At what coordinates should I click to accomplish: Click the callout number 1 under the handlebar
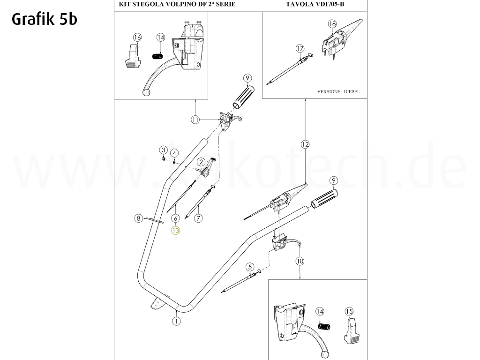click(176, 322)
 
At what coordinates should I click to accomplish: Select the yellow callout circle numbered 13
click(175, 230)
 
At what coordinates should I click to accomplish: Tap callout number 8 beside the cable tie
click(138, 218)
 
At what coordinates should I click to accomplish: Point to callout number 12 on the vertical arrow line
click(305, 144)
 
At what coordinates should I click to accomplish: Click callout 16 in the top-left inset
click(137, 37)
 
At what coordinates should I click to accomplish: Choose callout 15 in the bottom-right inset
click(349, 311)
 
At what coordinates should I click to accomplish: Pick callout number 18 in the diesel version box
click(332, 24)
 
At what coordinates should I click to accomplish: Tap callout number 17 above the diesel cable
click(300, 48)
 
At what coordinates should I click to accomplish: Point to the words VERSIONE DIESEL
click(338, 92)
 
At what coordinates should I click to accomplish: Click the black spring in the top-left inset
click(158, 56)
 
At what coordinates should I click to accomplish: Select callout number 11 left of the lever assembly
click(195, 120)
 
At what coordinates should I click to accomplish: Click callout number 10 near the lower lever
click(300, 261)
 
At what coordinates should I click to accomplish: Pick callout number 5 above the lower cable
click(250, 266)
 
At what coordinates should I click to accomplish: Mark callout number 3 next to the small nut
click(163, 150)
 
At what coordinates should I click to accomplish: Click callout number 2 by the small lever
click(201, 162)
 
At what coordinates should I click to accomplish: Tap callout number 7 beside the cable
click(199, 218)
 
